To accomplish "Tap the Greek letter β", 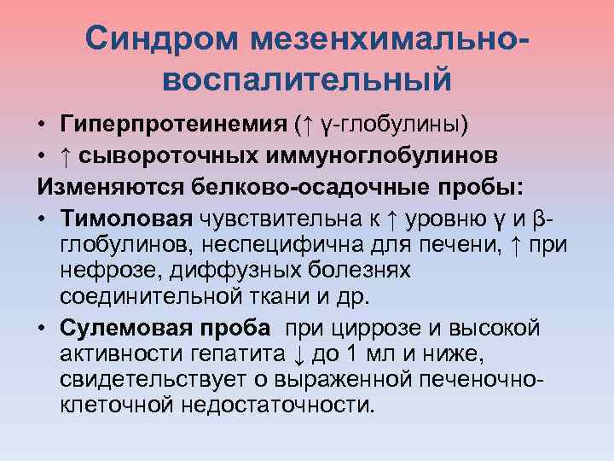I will [x=536, y=216].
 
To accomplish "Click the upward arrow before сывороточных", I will [x=67, y=156].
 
